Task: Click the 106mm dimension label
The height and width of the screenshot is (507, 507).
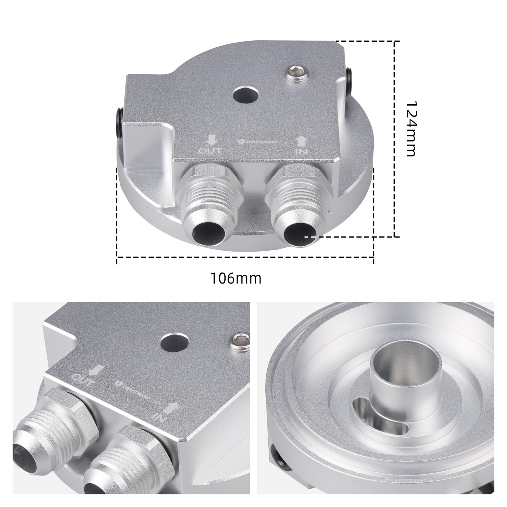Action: [236, 279]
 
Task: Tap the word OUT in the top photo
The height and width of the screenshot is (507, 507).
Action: [211, 151]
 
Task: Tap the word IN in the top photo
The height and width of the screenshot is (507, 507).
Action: [302, 151]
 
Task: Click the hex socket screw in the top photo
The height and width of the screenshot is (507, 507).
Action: [298, 74]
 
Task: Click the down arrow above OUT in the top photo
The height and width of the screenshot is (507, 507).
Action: [211, 141]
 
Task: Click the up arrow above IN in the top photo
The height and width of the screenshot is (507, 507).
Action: [302, 141]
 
